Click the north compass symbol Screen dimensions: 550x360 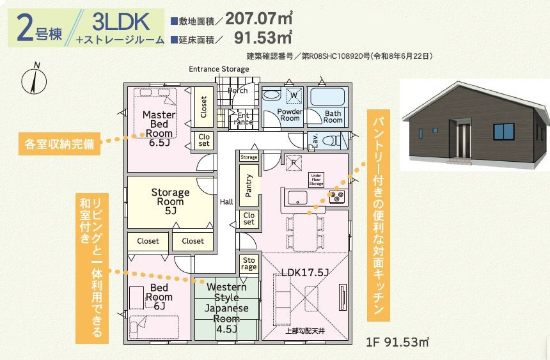point(34,79)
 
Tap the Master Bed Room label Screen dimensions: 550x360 point(159,124)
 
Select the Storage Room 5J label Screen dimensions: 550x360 point(170,201)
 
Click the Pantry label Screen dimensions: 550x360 point(249,185)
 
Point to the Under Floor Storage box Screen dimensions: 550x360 point(316,179)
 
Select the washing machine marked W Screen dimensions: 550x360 point(294,95)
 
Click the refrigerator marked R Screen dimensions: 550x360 point(294,162)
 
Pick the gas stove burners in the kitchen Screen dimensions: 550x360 point(337,196)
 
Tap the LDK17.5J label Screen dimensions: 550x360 point(305,272)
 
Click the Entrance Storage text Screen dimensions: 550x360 point(219,69)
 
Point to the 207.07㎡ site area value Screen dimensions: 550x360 point(259,19)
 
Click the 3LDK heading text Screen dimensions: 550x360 point(121,21)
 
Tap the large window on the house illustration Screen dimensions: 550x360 point(504,132)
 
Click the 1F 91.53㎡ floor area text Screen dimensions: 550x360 point(397,341)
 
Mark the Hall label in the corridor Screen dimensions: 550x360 point(226,202)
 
